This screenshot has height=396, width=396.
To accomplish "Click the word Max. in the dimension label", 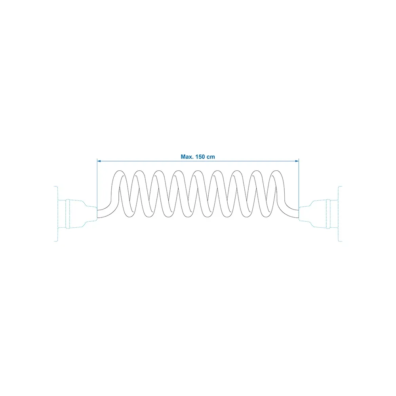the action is pyautogui.click(x=187, y=157).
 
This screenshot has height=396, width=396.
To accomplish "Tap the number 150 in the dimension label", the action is pyautogui.click(x=200, y=157).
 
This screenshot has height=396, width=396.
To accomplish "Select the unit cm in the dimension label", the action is pyautogui.click(x=211, y=157).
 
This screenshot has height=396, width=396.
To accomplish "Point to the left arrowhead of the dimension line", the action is pyautogui.click(x=99, y=161).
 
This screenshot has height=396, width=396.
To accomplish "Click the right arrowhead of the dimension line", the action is pyautogui.click(x=297, y=161).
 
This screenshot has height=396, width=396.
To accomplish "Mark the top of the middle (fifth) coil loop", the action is pyautogui.click(x=197, y=171).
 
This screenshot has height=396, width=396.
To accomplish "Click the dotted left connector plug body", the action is pyautogui.click(x=77, y=214).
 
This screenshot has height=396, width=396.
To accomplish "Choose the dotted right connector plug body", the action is pyautogui.click(x=319, y=214).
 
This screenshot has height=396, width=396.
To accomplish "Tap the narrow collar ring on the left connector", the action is pyautogui.click(x=67, y=214).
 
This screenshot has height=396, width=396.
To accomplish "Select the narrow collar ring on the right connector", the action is pyautogui.click(x=328, y=214).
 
